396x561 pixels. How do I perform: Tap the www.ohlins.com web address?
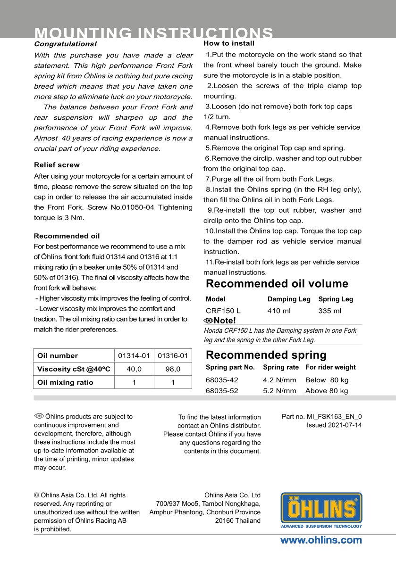pyautogui.click(x=321, y=540)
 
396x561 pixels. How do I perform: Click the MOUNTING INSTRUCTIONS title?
pyautogui.click(x=154, y=33)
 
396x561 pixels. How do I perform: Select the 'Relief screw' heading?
pyautogui.click(x=57, y=165)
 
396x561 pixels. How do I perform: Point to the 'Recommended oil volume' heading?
pyautogui.click(x=277, y=284)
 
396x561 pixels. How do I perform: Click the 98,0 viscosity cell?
pyautogui.click(x=173, y=369)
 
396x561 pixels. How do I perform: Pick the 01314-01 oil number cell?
pyautogui.click(x=134, y=356)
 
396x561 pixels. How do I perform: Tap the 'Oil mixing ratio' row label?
pyautogui.click(x=65, y=382)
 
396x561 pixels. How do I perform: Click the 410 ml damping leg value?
pyautogui.click(x=279, y=311)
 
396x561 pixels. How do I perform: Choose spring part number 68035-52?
pyautogui.click(x=222, y=391)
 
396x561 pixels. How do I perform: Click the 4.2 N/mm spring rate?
pyautogui.click(x=279, y=380)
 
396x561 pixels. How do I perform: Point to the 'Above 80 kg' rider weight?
pyautogui.click(x=327, y=391)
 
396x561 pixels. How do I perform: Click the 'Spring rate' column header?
pyautogui.click(x=281, y=367)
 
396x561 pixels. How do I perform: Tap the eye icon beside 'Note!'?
pyautogui.click(x=208, y=321)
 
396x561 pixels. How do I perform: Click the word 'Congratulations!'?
pyautogui.click(x=65, y=44)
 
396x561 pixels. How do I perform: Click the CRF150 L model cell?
pyautogui.click(x=223, y=311)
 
